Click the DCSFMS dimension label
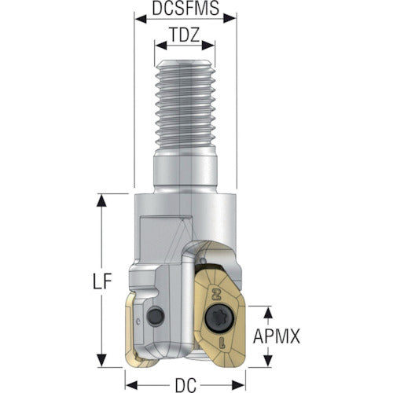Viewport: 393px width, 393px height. [x=185, y=8]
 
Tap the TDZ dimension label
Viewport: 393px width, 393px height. [x=185, y=35]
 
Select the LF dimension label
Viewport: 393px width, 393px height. [x=102, y=281]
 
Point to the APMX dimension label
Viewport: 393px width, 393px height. [x=277, y=336]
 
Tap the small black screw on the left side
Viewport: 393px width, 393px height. [x=156, y=314]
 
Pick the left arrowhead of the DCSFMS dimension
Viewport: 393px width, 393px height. [x=141, y=19]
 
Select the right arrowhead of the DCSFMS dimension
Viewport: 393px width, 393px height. [x=230, y=19]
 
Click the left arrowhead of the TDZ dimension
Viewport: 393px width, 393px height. [x=161, y=46]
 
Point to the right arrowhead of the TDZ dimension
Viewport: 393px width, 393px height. [x=208, y=46]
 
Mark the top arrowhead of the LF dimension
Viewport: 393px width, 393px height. [x=101, y=200]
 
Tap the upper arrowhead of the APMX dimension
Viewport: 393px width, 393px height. [x=268, y=312]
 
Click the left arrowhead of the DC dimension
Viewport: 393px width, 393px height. [x=131, y=385]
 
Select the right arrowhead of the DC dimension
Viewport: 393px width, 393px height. [x=239, y=385]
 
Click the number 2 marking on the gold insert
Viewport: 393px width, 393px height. [x=215, y=293]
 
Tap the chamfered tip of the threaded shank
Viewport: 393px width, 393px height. [x=185, y=64]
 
